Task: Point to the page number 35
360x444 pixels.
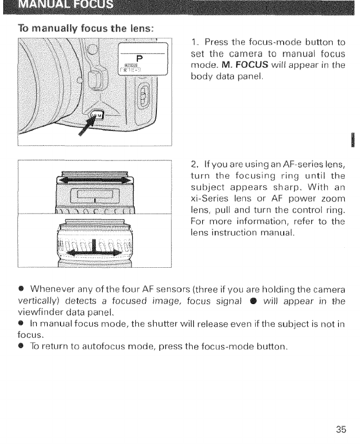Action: click(x=341, y=429)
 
